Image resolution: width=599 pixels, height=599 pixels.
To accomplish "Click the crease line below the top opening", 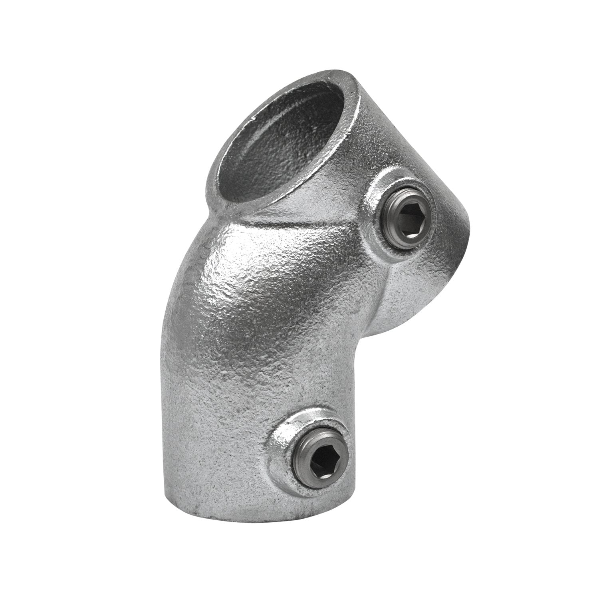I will click(x=303, y=216).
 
